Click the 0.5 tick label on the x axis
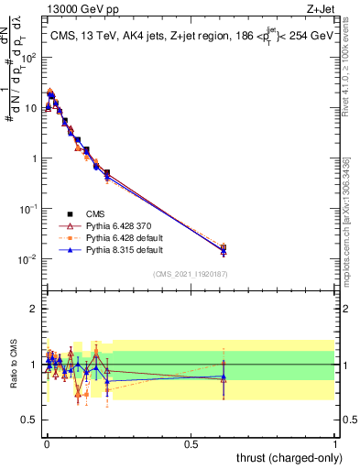[x=191, y=444]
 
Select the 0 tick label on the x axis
[x=47, y=444]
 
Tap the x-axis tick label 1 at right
[x=335, y=444]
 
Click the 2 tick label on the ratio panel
[x=34, y=309]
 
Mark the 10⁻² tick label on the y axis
[x=30, y=259]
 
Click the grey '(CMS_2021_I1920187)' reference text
[x=191, y=273]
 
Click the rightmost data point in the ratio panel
[x=224, y=376]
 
